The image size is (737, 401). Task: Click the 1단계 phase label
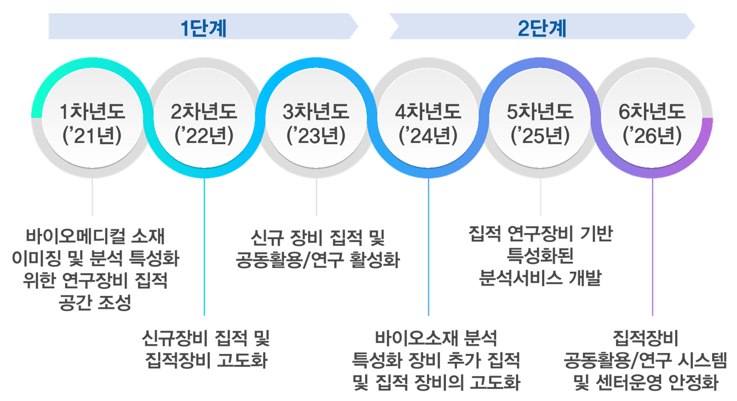pos(204,28)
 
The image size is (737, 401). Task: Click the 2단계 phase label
pos(542,28)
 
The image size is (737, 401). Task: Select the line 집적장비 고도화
pos(206,361)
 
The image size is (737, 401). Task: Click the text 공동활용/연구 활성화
pos(317,260)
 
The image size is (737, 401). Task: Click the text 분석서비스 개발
pos(540,279)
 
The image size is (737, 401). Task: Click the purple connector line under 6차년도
pos(652,249)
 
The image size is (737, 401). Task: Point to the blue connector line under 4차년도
pos(429,249)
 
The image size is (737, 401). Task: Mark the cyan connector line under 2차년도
pos(204,249)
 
